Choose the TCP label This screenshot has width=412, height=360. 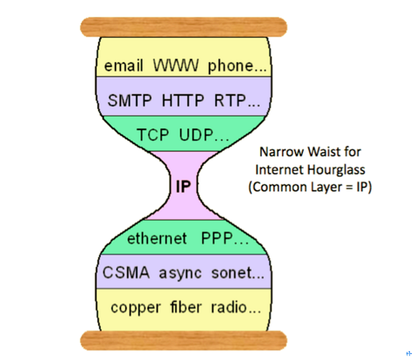pyautogui.click(x=153, y=135)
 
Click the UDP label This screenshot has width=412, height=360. pyautogui.click(x=201, y=135)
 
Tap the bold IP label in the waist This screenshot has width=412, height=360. pyautogui.click(x=184, y=186)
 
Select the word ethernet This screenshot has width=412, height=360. pyautogui.click(x=157, y=238)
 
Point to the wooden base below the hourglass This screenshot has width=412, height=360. pyautogui.click(x=183, y=340)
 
